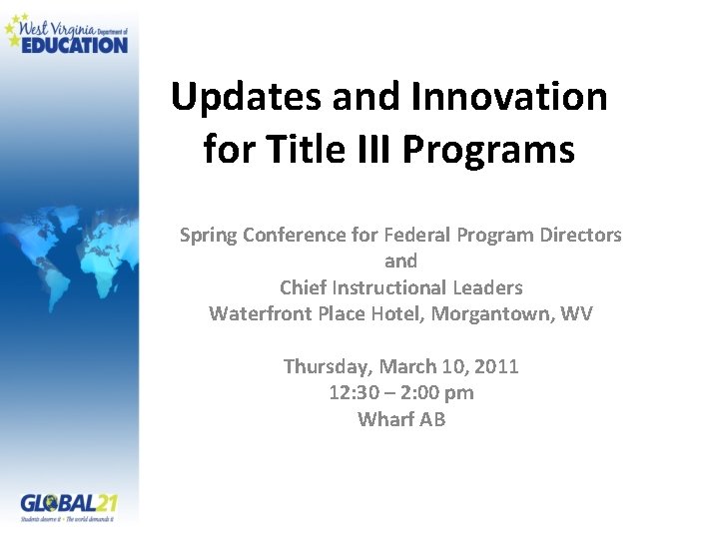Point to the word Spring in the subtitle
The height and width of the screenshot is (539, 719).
209,236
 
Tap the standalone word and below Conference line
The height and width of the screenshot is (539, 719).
400,261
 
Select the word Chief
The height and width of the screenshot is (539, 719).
304,287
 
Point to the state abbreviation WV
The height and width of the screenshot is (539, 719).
576,313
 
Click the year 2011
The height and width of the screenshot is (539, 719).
497,366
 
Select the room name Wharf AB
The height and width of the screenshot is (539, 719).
401,419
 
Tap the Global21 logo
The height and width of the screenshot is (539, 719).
68,506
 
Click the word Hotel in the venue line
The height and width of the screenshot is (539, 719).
396,313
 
